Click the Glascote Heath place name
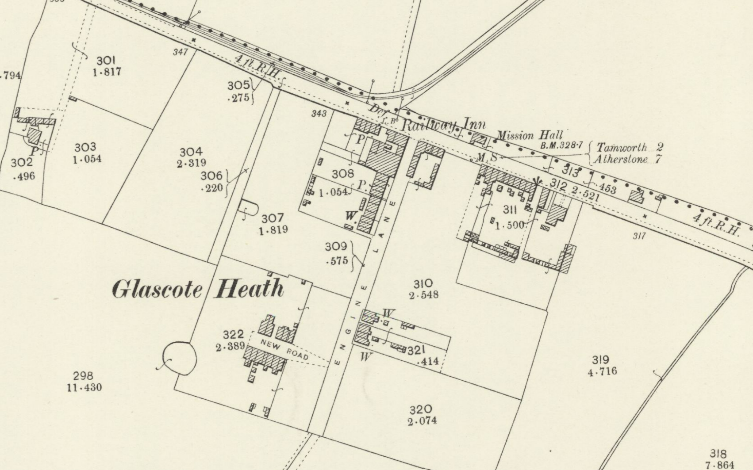click(198, 289)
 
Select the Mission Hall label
click(530, 135)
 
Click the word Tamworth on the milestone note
click(622, 147)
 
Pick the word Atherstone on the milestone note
click(621, 160)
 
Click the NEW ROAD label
click(284, 349)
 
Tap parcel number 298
click(83, 376)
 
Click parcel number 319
click(600, 359)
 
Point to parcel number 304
click(191, 152)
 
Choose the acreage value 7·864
click(719, 465)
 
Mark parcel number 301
click(106, 60)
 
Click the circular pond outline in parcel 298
click(179, 358)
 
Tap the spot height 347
click(180, 52)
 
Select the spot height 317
click(639, 236)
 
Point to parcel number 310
click(423, 283)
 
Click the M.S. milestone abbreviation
click(486, 157)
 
